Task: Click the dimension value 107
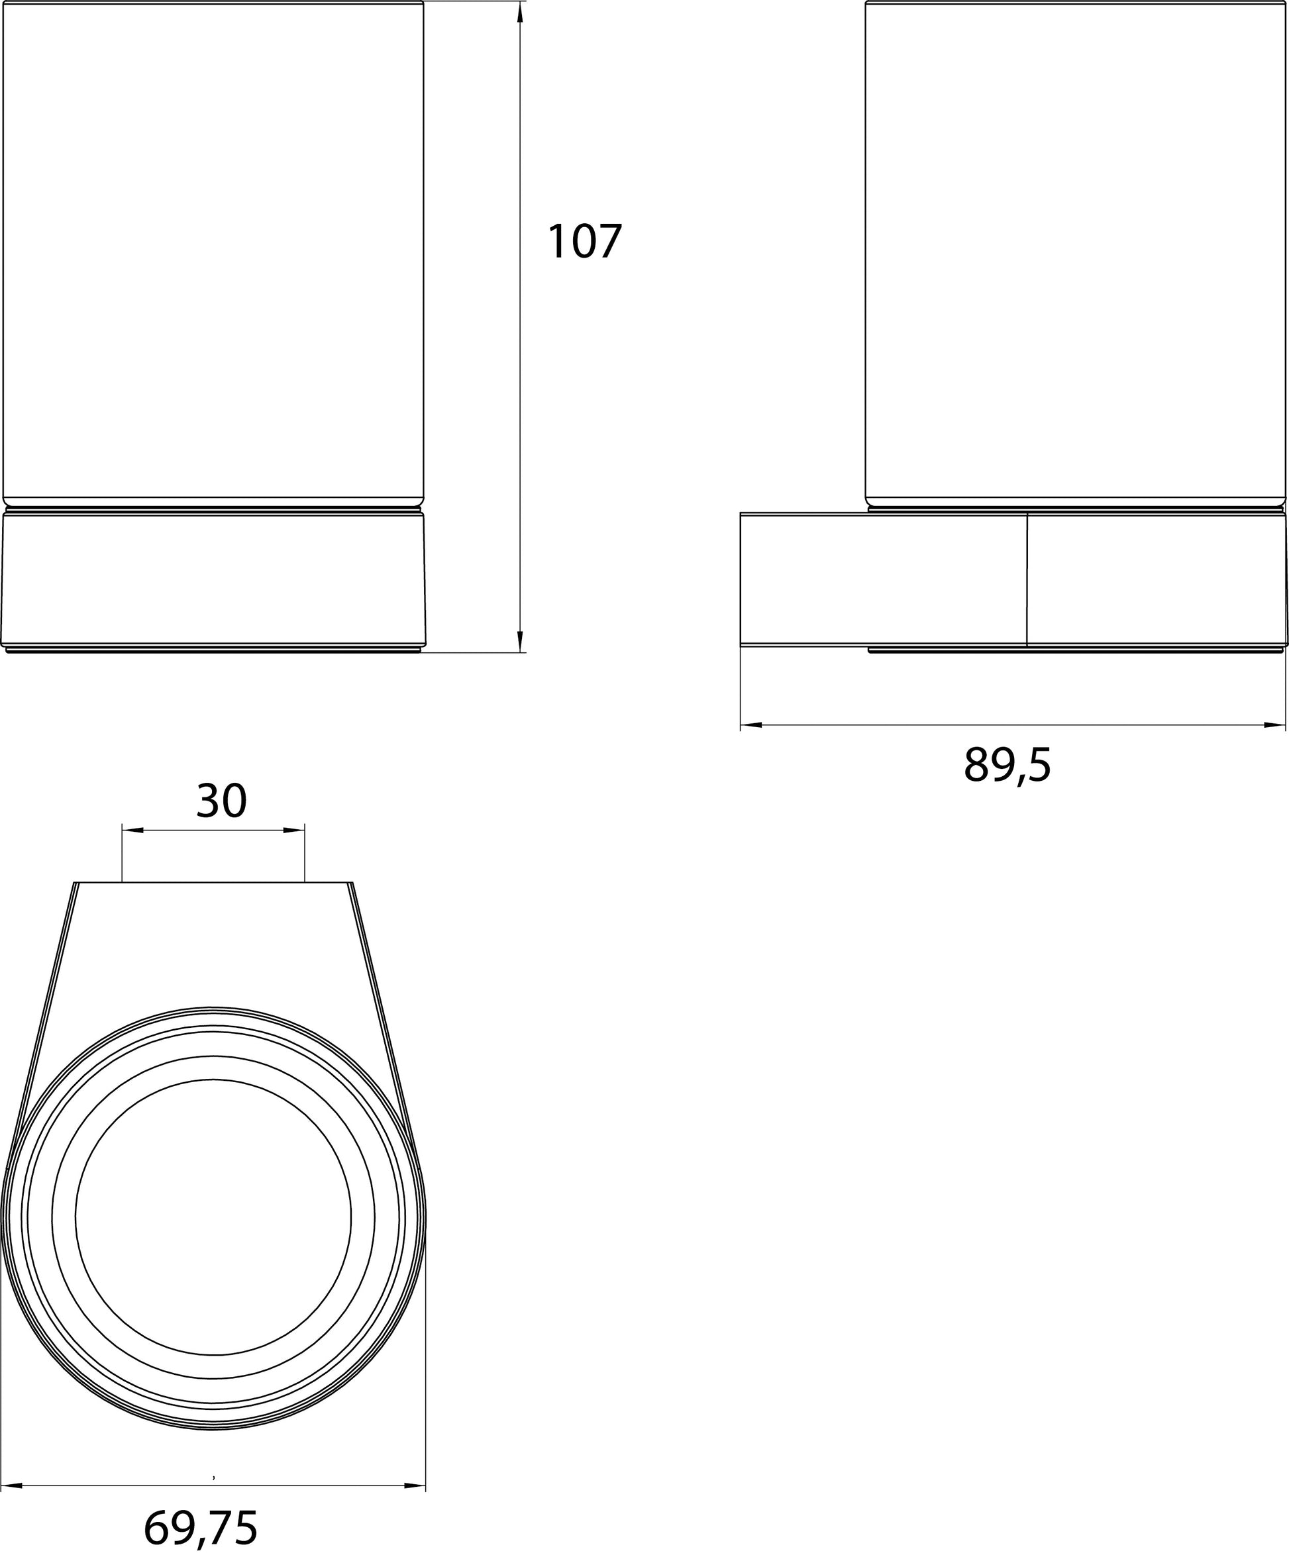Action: point(584,242)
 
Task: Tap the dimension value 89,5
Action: point(1007,765)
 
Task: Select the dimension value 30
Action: point(221,801)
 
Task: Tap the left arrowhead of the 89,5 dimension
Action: point(751,725)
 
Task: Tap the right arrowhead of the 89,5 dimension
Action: point(1275,725)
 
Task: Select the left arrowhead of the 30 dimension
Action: point(132,831)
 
